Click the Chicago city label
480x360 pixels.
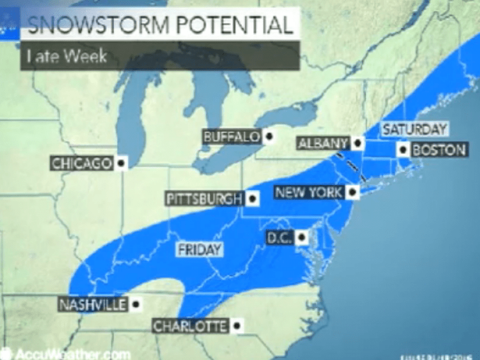[82, 163]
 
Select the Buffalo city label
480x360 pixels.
[232, 137]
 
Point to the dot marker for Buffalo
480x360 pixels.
[269, 137]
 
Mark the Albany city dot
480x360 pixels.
[358, 143]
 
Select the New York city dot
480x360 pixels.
[353, 193]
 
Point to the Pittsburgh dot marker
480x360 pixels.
[253, 199]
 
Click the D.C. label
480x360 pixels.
[279, 238]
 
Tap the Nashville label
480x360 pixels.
[92, 305]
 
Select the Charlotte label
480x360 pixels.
[190, 326]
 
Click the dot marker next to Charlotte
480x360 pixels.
[237, 326]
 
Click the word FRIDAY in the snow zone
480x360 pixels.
[199, 250]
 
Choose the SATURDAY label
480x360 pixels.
[415, 128]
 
